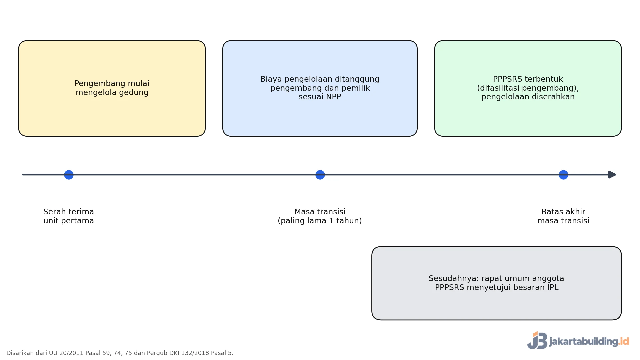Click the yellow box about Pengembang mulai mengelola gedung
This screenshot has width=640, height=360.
(x=112, y=88)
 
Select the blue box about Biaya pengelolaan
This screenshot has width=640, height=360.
(x=320, y=88)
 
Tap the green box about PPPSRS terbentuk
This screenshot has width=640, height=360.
(x=528, y=88)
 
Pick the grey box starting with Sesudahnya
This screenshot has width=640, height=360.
(x=497, y=283)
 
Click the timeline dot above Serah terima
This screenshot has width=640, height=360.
(x=69, y=175)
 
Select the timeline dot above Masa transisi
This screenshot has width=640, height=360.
(x=320, y=175)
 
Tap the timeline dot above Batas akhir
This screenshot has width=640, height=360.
(x=563, y=175)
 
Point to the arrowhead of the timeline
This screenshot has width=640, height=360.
(x=612, y=175)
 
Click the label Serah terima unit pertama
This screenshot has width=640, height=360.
(x=69, y=216)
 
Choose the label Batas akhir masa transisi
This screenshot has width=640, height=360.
(x=563, y=216)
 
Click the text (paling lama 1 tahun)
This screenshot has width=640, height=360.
(x=320, y=221)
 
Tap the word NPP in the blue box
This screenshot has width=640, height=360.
(x=334, y=97)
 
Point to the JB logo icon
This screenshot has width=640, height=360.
(x=537, y=340)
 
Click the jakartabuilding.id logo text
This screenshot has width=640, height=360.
(x=589, y=341)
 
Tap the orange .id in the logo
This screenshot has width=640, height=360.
(x=624, y=341)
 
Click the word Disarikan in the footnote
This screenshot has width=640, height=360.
(x=20, y=353)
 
